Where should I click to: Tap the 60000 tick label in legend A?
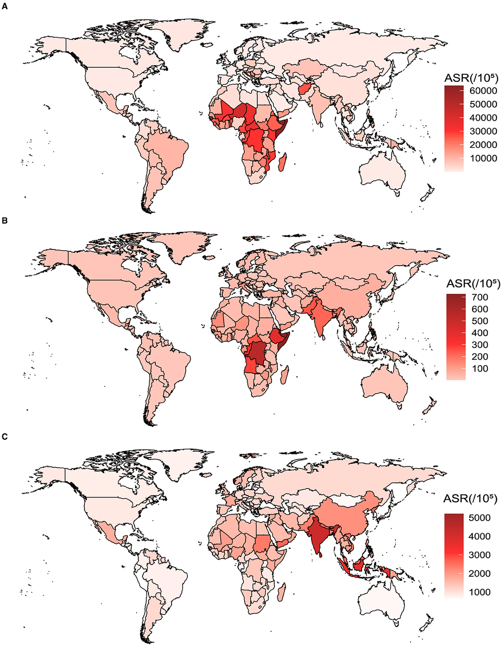483,91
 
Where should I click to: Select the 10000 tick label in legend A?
483,158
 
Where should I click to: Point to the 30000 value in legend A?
483,131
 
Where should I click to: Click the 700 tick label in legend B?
480,297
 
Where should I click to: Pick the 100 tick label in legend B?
480,369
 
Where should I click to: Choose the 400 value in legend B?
480,333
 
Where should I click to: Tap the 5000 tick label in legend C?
479,518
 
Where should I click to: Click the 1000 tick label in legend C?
479,592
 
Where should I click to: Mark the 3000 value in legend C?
479,555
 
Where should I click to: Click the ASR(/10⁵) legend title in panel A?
471,78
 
